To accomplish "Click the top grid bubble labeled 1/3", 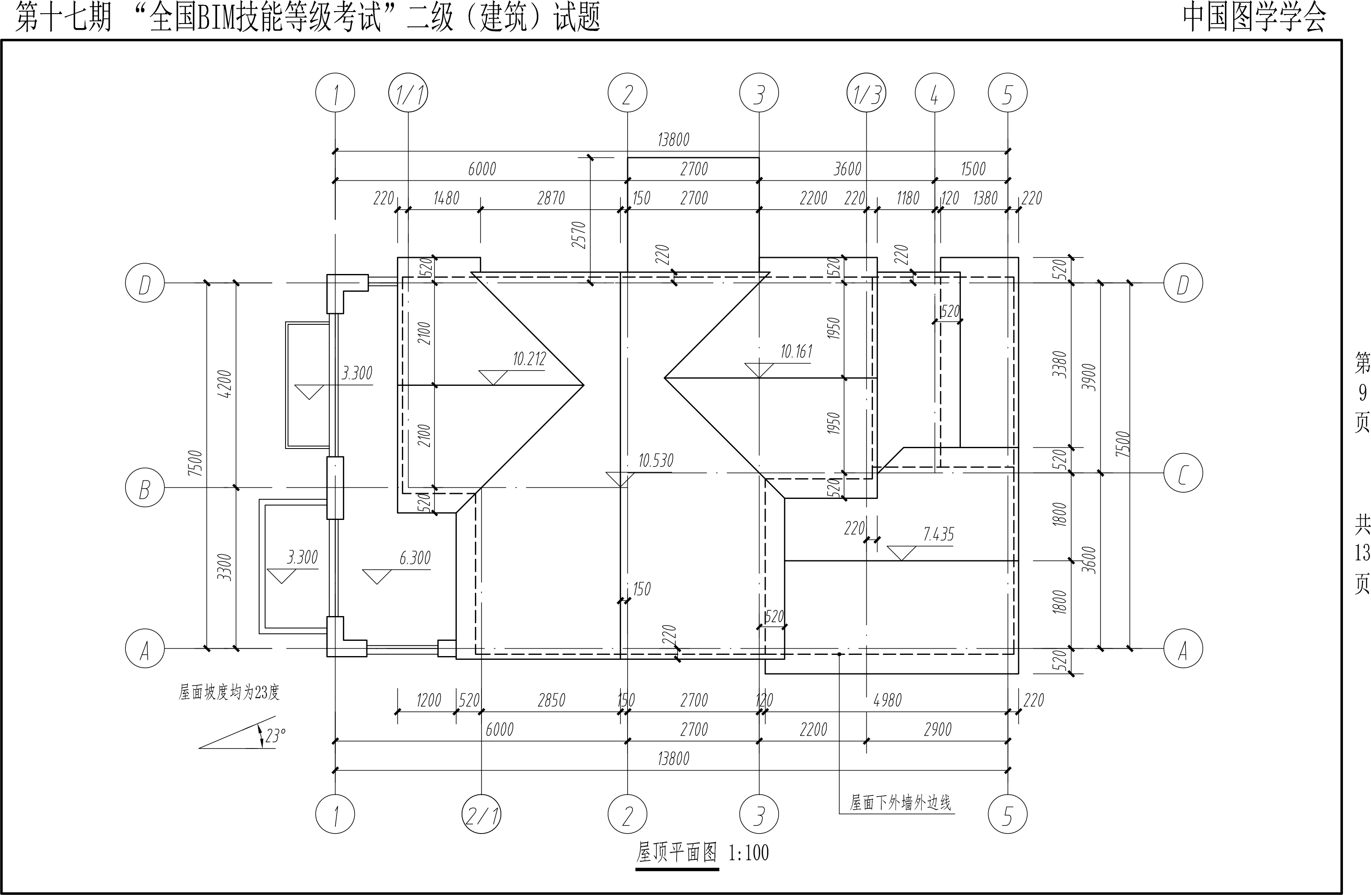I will [x=866, y=93].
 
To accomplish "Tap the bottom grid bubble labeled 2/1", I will [x=481, y=815].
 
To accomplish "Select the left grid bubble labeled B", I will [x=144, y=488].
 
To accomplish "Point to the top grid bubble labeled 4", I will [x=934, y=93].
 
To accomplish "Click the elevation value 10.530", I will [x=656, y=460].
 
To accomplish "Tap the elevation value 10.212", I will [x=529, y=359].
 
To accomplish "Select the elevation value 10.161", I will [x=796, y=351].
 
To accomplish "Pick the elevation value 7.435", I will [x=938, y=535].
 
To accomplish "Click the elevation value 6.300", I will [x=415, y=558].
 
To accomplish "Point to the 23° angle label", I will [x=275, y=735].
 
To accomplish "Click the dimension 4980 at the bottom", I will [x=887, y=701].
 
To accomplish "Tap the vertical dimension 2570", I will [x=579, y=235].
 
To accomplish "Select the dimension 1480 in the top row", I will [x=446, y=198].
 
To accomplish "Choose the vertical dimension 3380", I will [x=1060, y=364].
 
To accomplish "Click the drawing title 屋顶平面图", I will [x=676, y=851].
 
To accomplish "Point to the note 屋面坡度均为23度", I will [x=229, y=692].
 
